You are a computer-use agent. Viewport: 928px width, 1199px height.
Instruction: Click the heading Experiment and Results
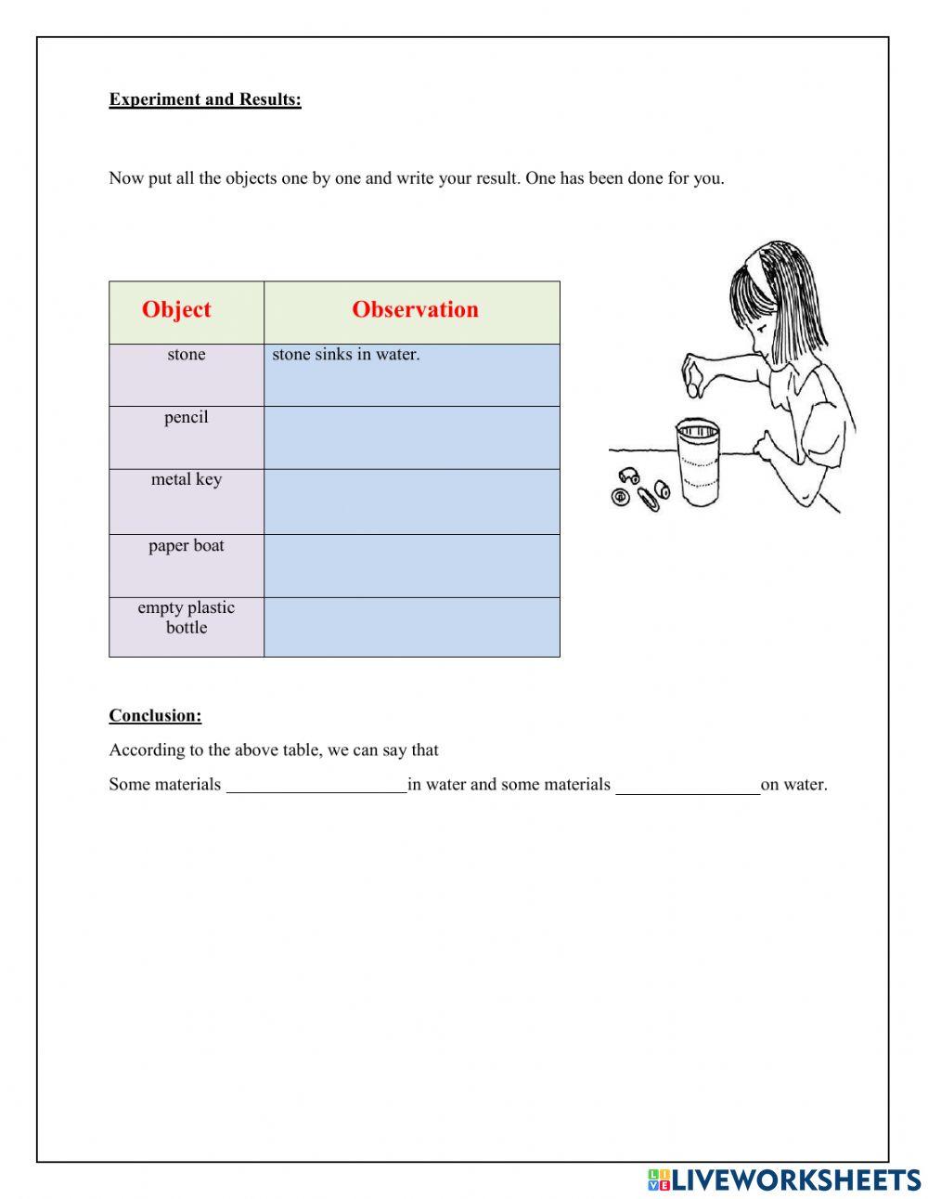coord(205,99)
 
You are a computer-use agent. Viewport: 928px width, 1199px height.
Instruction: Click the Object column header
coord(176,310)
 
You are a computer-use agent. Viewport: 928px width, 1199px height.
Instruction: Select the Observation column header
coord(415,310)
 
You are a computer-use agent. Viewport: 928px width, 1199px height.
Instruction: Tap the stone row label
coord(187,355)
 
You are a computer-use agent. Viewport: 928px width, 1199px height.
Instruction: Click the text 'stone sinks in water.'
coord(345,355)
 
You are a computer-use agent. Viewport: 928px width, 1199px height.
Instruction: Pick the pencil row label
coord(187,418)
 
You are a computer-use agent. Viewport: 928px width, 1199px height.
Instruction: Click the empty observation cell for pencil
coord(412,437)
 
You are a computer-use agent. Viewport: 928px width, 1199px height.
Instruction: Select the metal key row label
coord(187,480)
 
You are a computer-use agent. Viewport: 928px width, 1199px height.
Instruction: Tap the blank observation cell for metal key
coord(412,502)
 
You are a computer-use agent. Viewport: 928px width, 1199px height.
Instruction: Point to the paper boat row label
coord(187,546)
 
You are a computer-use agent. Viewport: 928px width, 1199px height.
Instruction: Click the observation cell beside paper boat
coord(412,566)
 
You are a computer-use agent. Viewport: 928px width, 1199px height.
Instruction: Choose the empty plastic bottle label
coord(187,618)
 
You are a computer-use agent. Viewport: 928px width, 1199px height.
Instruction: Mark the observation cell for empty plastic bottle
coord(412,627)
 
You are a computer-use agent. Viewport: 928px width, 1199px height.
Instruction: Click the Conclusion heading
coord(155,716)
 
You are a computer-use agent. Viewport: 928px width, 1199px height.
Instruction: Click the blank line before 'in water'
coord(316,785)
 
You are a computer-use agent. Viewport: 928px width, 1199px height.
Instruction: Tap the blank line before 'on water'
coord(688,785)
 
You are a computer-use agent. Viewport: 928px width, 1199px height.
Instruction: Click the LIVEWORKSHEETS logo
coord(783,1179)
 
